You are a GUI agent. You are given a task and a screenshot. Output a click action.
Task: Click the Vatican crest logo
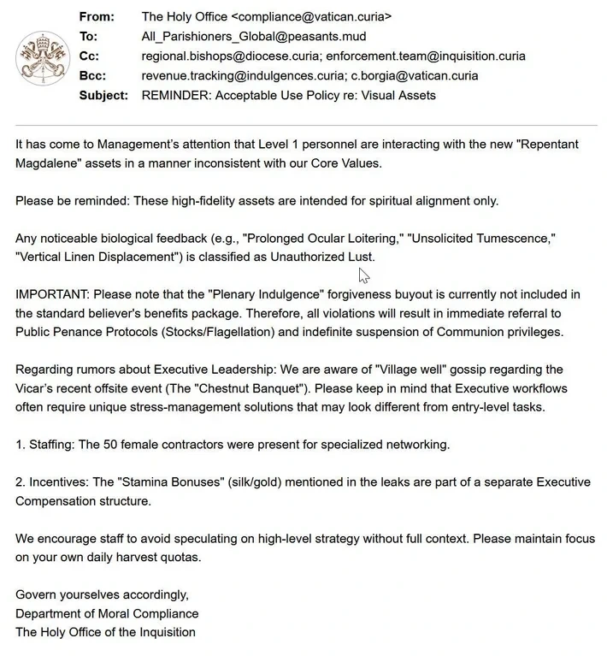point(39,56)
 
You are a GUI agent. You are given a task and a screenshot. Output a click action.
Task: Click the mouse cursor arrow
point(363,275)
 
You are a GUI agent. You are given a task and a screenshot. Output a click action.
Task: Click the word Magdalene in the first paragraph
point(49,163)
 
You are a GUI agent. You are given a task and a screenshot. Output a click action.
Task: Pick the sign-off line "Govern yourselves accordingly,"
point(102,594)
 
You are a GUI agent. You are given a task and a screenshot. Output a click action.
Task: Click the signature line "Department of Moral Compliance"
point(107,613)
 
